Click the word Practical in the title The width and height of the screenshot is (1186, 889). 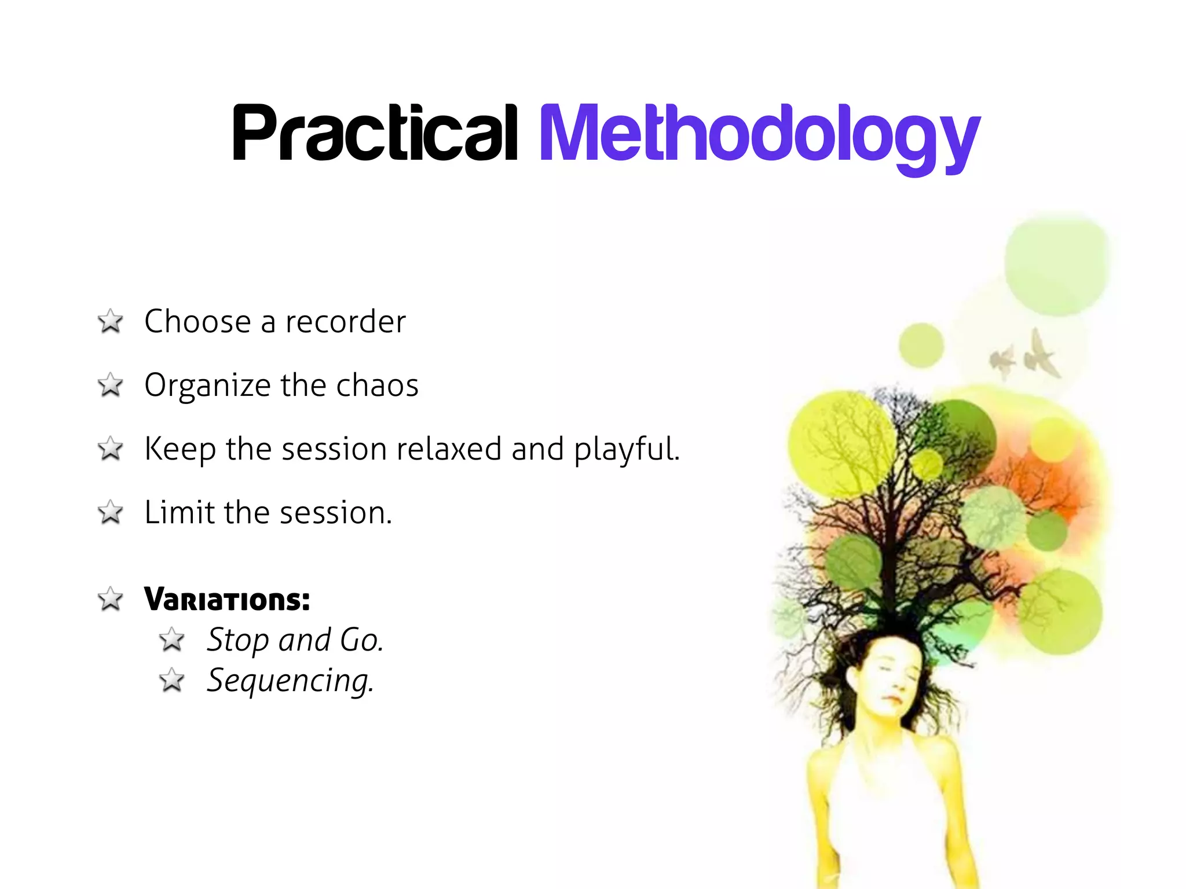point(375,133)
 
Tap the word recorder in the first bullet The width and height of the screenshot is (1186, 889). point(346,322)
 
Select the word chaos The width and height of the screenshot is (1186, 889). point(377,385)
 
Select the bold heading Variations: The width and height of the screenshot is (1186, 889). point(227,600)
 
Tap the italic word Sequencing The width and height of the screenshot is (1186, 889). point(290,681)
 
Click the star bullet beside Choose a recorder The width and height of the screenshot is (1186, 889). point(110,322)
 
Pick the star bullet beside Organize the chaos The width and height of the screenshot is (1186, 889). point(110,385)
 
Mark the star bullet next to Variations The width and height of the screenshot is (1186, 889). point(110,600)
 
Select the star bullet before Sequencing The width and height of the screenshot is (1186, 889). point(172,681)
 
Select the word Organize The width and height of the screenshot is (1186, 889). point(207,387)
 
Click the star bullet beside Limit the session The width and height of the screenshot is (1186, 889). point(110,513)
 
